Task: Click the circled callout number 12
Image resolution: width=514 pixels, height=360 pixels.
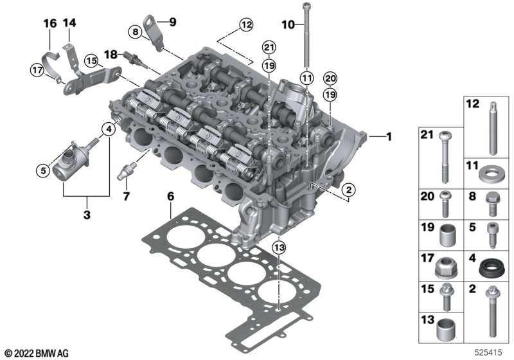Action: click(x=246, y=24)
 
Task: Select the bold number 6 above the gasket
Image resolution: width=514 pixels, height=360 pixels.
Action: click(x=170, y=197)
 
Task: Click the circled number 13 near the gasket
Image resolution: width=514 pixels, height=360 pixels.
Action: click(x=279, y=248)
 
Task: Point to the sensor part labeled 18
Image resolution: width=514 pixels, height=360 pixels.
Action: click(x=134, y=59)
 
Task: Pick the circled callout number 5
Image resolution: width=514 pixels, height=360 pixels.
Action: click(x=43, y=170)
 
